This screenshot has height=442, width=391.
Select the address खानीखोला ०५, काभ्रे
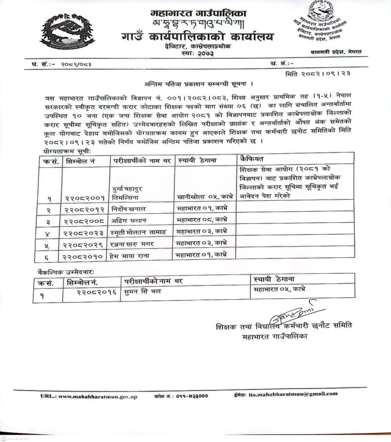click(205, 198)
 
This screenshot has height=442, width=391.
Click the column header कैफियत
click(252, 159)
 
